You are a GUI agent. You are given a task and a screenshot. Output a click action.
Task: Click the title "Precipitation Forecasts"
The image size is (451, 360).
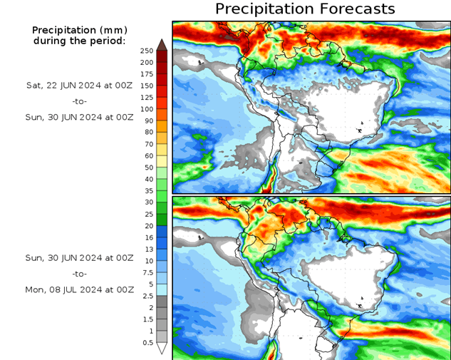click(305, 9)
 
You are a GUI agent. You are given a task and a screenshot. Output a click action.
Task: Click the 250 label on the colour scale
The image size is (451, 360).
click(147, 51)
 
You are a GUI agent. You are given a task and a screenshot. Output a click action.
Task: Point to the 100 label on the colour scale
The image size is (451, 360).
click(147, 109)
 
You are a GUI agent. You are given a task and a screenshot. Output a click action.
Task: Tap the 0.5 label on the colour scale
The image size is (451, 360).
click(147, 343)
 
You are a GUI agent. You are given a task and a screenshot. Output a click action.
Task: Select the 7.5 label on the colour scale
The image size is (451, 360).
click(147, 272)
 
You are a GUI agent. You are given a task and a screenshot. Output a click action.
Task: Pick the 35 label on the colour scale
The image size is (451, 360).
click(147, 191)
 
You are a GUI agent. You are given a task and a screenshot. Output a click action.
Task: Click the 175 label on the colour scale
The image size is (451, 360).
click(147, 74)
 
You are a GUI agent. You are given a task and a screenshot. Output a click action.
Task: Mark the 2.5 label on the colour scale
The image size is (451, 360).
click(147, 296)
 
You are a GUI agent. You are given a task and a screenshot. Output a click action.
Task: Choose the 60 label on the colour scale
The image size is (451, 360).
click(147, 155)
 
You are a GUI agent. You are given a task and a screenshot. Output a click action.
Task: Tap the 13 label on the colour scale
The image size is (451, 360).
click(147, 250)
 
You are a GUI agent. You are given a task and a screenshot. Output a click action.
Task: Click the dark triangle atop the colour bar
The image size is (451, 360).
click(162, 45)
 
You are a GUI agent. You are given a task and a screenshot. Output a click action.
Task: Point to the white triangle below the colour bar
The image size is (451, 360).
click(162, 349)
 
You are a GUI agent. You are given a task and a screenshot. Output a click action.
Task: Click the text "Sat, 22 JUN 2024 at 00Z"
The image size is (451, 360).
click(79, 85)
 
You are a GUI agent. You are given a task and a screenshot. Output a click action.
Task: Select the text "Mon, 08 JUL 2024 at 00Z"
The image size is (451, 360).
click(79, 290)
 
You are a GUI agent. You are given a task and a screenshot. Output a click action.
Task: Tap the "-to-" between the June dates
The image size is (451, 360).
click(80, 101)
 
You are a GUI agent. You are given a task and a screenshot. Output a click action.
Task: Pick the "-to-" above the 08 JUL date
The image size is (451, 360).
click(80, 274)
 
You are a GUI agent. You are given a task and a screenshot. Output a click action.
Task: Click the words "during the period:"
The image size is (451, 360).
click(79, 41)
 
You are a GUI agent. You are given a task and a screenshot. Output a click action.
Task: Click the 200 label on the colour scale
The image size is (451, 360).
click(147, 63)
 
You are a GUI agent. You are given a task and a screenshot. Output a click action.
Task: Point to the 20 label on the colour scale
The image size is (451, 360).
click(147, 226)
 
